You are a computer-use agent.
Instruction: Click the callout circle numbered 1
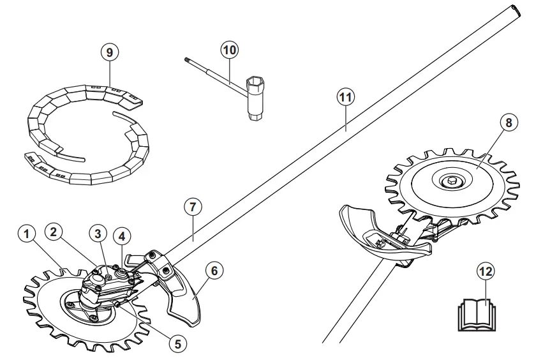click(x=26, y=235)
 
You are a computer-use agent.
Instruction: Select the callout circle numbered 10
click(x=229, y=49)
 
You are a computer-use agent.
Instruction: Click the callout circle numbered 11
click(x=345, y=98)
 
